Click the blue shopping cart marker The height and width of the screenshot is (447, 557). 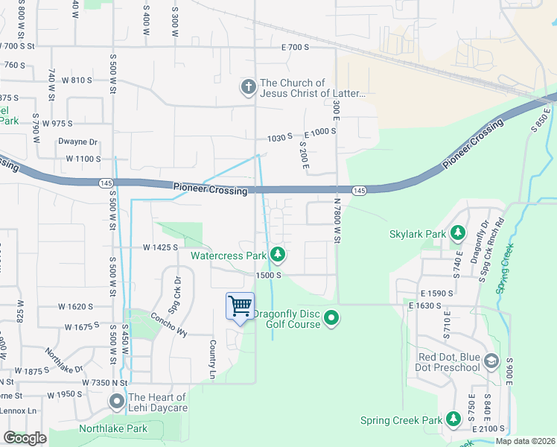(x=240, y=306)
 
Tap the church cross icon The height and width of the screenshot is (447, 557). (x=248, y=88)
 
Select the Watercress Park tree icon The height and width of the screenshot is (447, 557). (x=278, y=256)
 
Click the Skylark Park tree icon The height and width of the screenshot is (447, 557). (x=457, y=234)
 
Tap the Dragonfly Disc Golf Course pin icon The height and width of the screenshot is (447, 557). (x=332, y=319)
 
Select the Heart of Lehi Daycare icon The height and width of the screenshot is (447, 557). (x=117, y=402)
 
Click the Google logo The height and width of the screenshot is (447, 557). (x=25, y=438)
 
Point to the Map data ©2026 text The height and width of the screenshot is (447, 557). (x=524, y=441)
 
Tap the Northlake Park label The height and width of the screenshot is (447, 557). (x=113, y=428)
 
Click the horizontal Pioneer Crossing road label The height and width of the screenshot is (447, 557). (x=210, y=191)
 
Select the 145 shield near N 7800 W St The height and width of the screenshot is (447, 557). (x=360, y=191)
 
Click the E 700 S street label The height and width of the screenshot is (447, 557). (x=295, y=47)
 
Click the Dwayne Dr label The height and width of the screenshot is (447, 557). (x=78, y=142)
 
